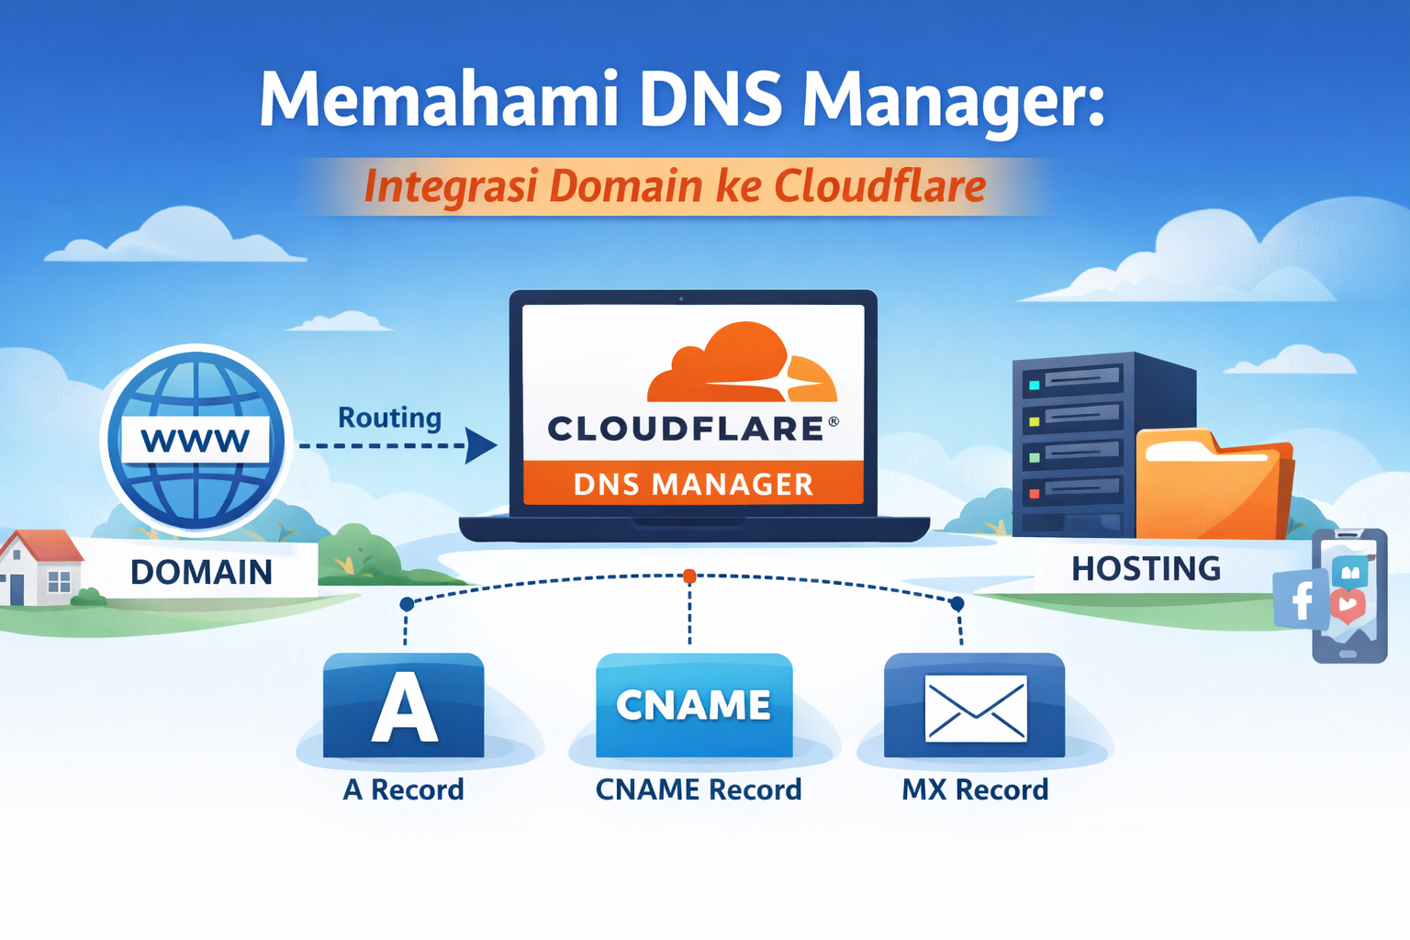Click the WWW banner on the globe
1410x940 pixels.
tap(196, 441)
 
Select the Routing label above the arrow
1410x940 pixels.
tap(389, 418)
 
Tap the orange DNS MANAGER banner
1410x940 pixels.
tap(693, 484)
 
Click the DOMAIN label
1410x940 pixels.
tap(202, 572)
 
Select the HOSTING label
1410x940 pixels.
tap(1146, 569)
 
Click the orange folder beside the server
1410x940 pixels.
tap(1212, 487)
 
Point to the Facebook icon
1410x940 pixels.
tap(1301, 599)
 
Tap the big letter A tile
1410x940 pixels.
tap(404, 705)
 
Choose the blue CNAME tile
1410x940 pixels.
tap(694, 705)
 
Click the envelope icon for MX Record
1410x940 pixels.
tap(975, 708)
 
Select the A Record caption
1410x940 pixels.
tap(403, 789)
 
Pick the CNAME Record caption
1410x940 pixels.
tap(698, 789)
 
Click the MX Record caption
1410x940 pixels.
tap(974, 789)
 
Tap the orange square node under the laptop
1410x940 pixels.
tap(689, 576)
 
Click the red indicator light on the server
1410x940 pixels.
tap(1035, 494)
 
